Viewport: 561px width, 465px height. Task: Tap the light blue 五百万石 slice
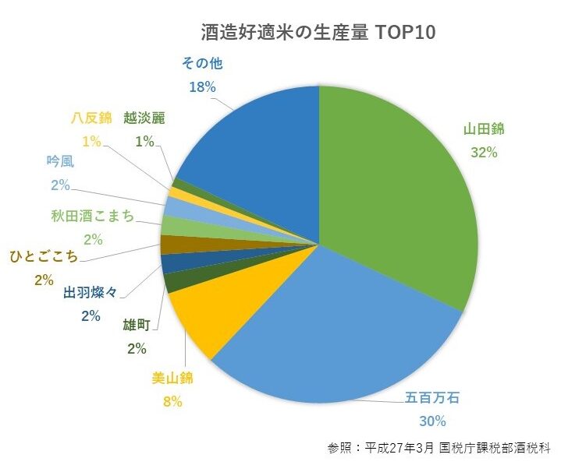(336, 335)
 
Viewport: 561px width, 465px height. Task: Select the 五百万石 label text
(431, 398)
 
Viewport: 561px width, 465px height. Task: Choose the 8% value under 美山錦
(172, 401)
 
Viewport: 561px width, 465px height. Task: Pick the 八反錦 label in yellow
(91, 118)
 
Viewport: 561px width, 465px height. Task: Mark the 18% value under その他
(202, 87)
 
